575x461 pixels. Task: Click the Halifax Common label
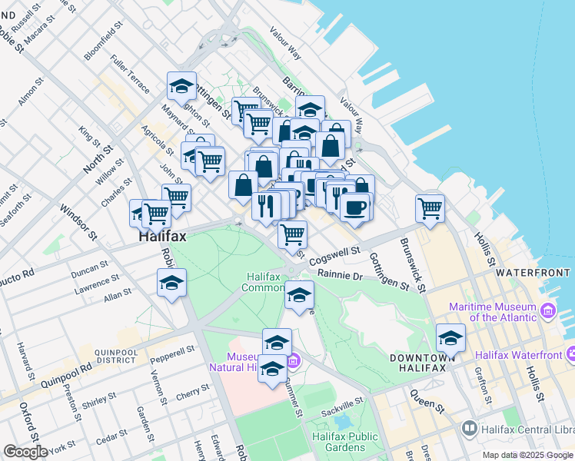[264, 282]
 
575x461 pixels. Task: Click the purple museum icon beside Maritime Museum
[547, 310]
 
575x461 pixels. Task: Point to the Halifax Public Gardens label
[345, 442]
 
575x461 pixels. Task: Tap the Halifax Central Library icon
[468, 427]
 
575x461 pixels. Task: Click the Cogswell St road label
[334, 257]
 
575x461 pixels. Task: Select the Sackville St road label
[341, 405]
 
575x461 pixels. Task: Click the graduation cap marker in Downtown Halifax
[450, 337]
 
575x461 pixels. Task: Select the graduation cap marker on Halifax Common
[298, 295]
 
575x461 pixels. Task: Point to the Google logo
[25, 451]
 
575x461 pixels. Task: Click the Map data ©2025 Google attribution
[527, 455]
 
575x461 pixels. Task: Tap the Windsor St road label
[78, 221]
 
